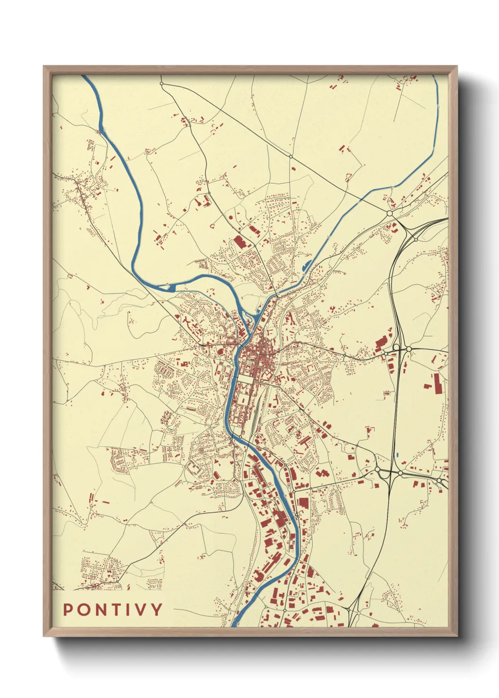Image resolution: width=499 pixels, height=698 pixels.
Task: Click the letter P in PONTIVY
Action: (x=68, y=610)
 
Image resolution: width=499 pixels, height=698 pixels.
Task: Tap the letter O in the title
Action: (x=83, y=610)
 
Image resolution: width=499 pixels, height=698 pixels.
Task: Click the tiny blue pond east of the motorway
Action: (x=398, y=455)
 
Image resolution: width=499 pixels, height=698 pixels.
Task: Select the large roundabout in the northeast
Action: (x=390, y=214)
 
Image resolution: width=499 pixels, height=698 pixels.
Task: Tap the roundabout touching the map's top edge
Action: (x=161, y=83)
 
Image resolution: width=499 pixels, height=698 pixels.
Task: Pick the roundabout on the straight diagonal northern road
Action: (x=291, y=157)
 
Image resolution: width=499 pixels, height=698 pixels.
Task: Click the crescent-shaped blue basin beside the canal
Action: (x=306, y=265)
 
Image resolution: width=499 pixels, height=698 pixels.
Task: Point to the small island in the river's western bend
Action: (x=169, y=286)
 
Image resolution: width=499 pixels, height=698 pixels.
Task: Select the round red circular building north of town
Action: (x=230, y=217)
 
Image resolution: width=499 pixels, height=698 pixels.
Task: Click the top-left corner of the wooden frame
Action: (x=44, y=66)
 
